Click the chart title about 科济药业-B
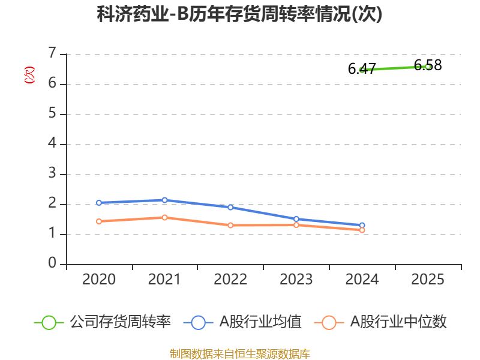(x=239, y=14)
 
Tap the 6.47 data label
(x=362, y=68)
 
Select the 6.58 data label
(x=428, y=65)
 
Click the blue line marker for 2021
(x=164, y=200)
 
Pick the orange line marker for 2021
(x=164, y=218)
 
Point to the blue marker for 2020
(x=99, y=203)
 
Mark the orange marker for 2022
(x=230, y=226)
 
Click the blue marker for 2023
(x=296, y=219)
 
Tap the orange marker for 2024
(x=362, y=230)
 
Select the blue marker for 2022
(x=230, y=208)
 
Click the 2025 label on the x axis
(x=428, y=280)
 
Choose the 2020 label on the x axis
(x=99, y=280)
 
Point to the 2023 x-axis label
(x=296, y=280)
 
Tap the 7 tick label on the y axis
(x=52, y=53)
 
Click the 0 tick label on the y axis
(x=52, y=263)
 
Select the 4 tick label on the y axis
(x=52, y=143)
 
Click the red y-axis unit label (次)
(x=29, y=75)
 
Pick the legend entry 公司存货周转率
(x=103, y=322)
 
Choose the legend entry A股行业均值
(x=242, y=322)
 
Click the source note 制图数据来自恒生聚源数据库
(x=239, y=354)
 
